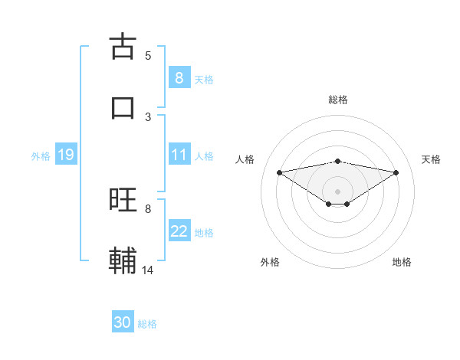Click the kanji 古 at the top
pyautogui.click(x=123, y=47)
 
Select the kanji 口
pyautogui.click(x=123, y=108)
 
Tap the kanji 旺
pyautogui.click(x=123, y=200)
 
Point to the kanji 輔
pyautogui.click(x=123, y=261)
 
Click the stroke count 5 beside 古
pyautogui.click(x=148, y=55)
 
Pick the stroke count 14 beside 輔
pyautogui.click(x=148, y=270)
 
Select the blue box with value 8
pyautogui.click(x=179, y=78)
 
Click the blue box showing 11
pyautogui.click(x=179, y=155)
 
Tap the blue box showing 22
pyautogui.click(x=179, y=231)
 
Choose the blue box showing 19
pyautogui.click(x=65, y=155)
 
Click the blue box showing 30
pyautogui.click(x=123, y=323)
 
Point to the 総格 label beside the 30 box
pyautogui.click(x=147, y=324)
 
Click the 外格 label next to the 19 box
pyautogui.click(x=41, y=155)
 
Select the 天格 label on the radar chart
pyautogui.click(x=431, y=159)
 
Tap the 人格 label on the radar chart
pyautogui.click(x=245, y=159)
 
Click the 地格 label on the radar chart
pyautogui.click(x=402, y=262)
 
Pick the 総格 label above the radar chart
pyautogui.click(x=338, y=100)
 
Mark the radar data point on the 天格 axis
pyautogui.click(x=396, y=172)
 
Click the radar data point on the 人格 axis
pyautogui.click(x=279, y=172)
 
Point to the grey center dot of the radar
pyautogui.click(x=338, y=191)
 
